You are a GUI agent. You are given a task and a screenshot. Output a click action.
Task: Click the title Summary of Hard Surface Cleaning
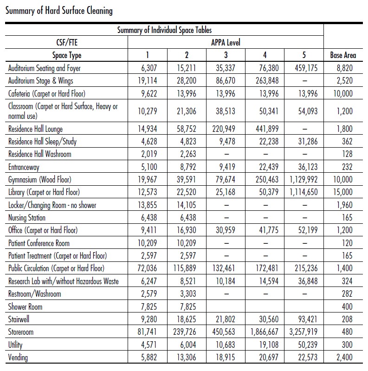(x=59, y=10)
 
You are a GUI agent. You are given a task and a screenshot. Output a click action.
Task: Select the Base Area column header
(x=343, y=55)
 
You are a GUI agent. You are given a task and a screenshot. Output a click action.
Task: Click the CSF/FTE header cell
(x=66, y=43)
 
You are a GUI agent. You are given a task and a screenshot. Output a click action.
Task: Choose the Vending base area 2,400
(x=343, y=357)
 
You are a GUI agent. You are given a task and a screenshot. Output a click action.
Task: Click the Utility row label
(x=15, y=345)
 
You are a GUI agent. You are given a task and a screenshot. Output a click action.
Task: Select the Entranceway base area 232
(x=346, y=167)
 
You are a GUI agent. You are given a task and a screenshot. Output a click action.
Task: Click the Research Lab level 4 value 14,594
(x=265, y=281)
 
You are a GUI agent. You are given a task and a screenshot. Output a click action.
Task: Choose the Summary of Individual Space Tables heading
(x=165, y=30)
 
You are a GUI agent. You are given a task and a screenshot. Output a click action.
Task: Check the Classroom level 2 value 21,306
(x=187, y=111)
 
